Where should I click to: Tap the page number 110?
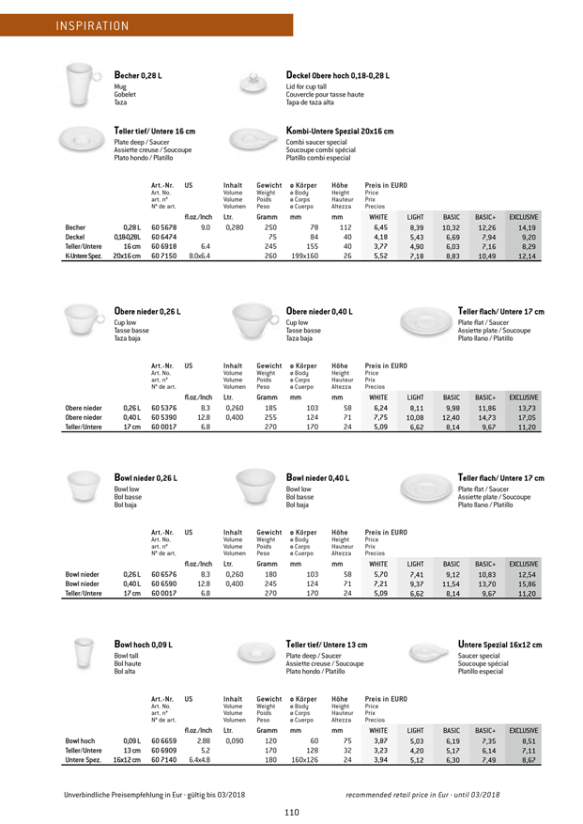click(x=293, y=812)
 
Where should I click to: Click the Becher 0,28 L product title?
click(x=141, y=74)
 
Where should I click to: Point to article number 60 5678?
click(x=164, y=227)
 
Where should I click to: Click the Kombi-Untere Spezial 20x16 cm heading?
click(x=339, y=132)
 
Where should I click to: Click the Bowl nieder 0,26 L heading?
click(x=146, y=478)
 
